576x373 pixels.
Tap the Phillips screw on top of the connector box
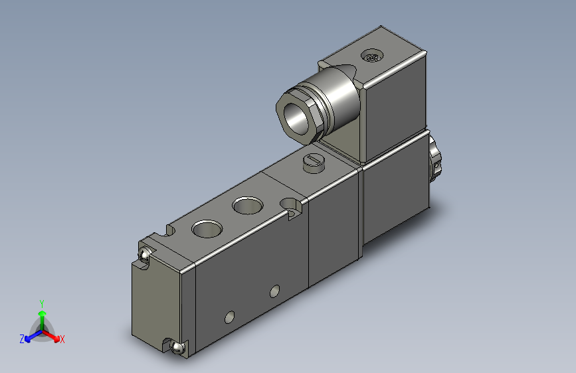[371, 57]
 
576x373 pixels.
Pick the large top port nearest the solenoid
[248, 206]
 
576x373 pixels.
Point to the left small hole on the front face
[230, 317]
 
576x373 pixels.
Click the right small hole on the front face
[275, 291]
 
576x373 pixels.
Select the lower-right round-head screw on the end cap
[177, 346]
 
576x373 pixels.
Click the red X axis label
[62, 339]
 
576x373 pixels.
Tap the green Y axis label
[41, 302]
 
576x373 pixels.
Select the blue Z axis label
[22, 339]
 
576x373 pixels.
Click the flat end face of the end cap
[157, 299]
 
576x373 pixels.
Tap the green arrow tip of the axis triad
[41, 312]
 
